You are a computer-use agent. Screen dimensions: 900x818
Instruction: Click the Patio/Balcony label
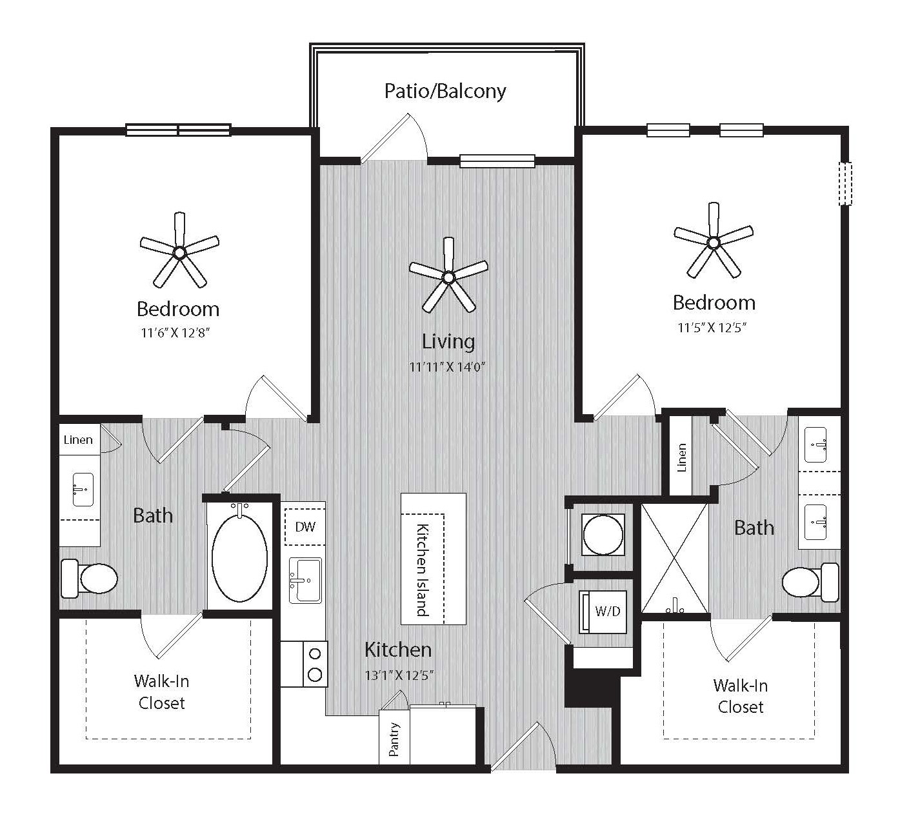(x=445, y=91)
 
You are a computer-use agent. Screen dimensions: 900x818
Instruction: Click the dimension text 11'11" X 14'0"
(x=447, y=367)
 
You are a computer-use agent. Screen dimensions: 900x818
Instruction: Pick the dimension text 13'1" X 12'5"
(x=399, y=675)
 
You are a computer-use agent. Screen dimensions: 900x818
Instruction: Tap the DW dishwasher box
(x=305, y=527)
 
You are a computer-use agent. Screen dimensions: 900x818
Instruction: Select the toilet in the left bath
(x=89, y=579)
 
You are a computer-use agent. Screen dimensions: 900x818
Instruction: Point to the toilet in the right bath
(x=810, y=582)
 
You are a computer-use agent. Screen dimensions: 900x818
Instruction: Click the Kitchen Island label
(x=423, y=570)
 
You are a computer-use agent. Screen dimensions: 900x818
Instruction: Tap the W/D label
(x=608, y=611)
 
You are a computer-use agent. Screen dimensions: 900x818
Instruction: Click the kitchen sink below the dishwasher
(x=305, y=581)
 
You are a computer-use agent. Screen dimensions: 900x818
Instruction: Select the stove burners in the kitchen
(x=315, y=664)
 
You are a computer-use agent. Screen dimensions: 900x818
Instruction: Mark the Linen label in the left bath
(x=78, y=440)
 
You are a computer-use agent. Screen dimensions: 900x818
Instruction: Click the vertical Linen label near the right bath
(x=681, y=457)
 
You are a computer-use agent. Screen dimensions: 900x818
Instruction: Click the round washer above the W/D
(x=603, y=535)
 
